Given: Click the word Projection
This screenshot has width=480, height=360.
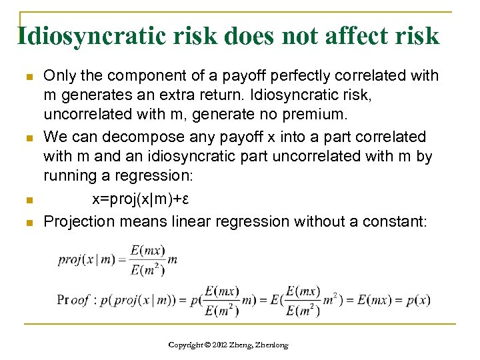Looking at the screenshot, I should pos(79,221).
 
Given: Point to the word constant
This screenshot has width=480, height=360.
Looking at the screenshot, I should pos(395,221).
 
